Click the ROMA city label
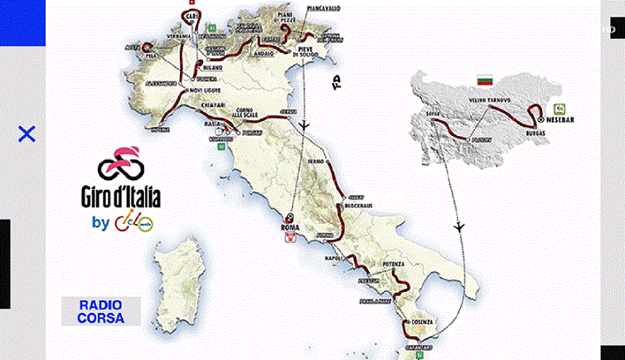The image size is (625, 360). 290,226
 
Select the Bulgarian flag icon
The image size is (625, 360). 484,80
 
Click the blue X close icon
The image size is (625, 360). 27,134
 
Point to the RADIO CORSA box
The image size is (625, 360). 100,311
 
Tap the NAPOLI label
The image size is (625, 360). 333,259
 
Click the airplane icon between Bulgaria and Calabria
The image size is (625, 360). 458,226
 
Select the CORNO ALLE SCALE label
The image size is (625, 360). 246,114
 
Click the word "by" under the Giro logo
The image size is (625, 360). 101,222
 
